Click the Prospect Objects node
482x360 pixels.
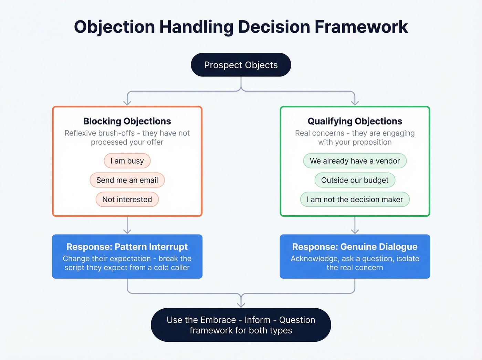(x=241, y=65)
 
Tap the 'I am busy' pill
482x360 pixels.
(x=127, y=161)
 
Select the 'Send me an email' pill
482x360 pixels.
(x=127, y=180)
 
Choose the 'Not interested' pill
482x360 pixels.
(x=127, y=199)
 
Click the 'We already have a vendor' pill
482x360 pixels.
(x=355, y=161)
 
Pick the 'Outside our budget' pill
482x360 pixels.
(x=355, y=180)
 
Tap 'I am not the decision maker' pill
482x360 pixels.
(x=355, y=199)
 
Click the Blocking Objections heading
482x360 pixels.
(x=127, y=121)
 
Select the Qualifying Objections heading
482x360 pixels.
(x=355, y=121)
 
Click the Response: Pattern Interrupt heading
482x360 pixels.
(x=127, y=247)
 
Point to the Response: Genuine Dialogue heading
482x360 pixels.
(x=355, y=247)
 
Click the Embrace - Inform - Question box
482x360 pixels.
(x=241, y=325)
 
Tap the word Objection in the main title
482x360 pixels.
(x=114, y=27)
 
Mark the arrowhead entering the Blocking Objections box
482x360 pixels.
(x=127, y=103)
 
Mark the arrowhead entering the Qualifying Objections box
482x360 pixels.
(x=355, y=103)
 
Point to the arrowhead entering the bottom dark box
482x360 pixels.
(x=241, y=305)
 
